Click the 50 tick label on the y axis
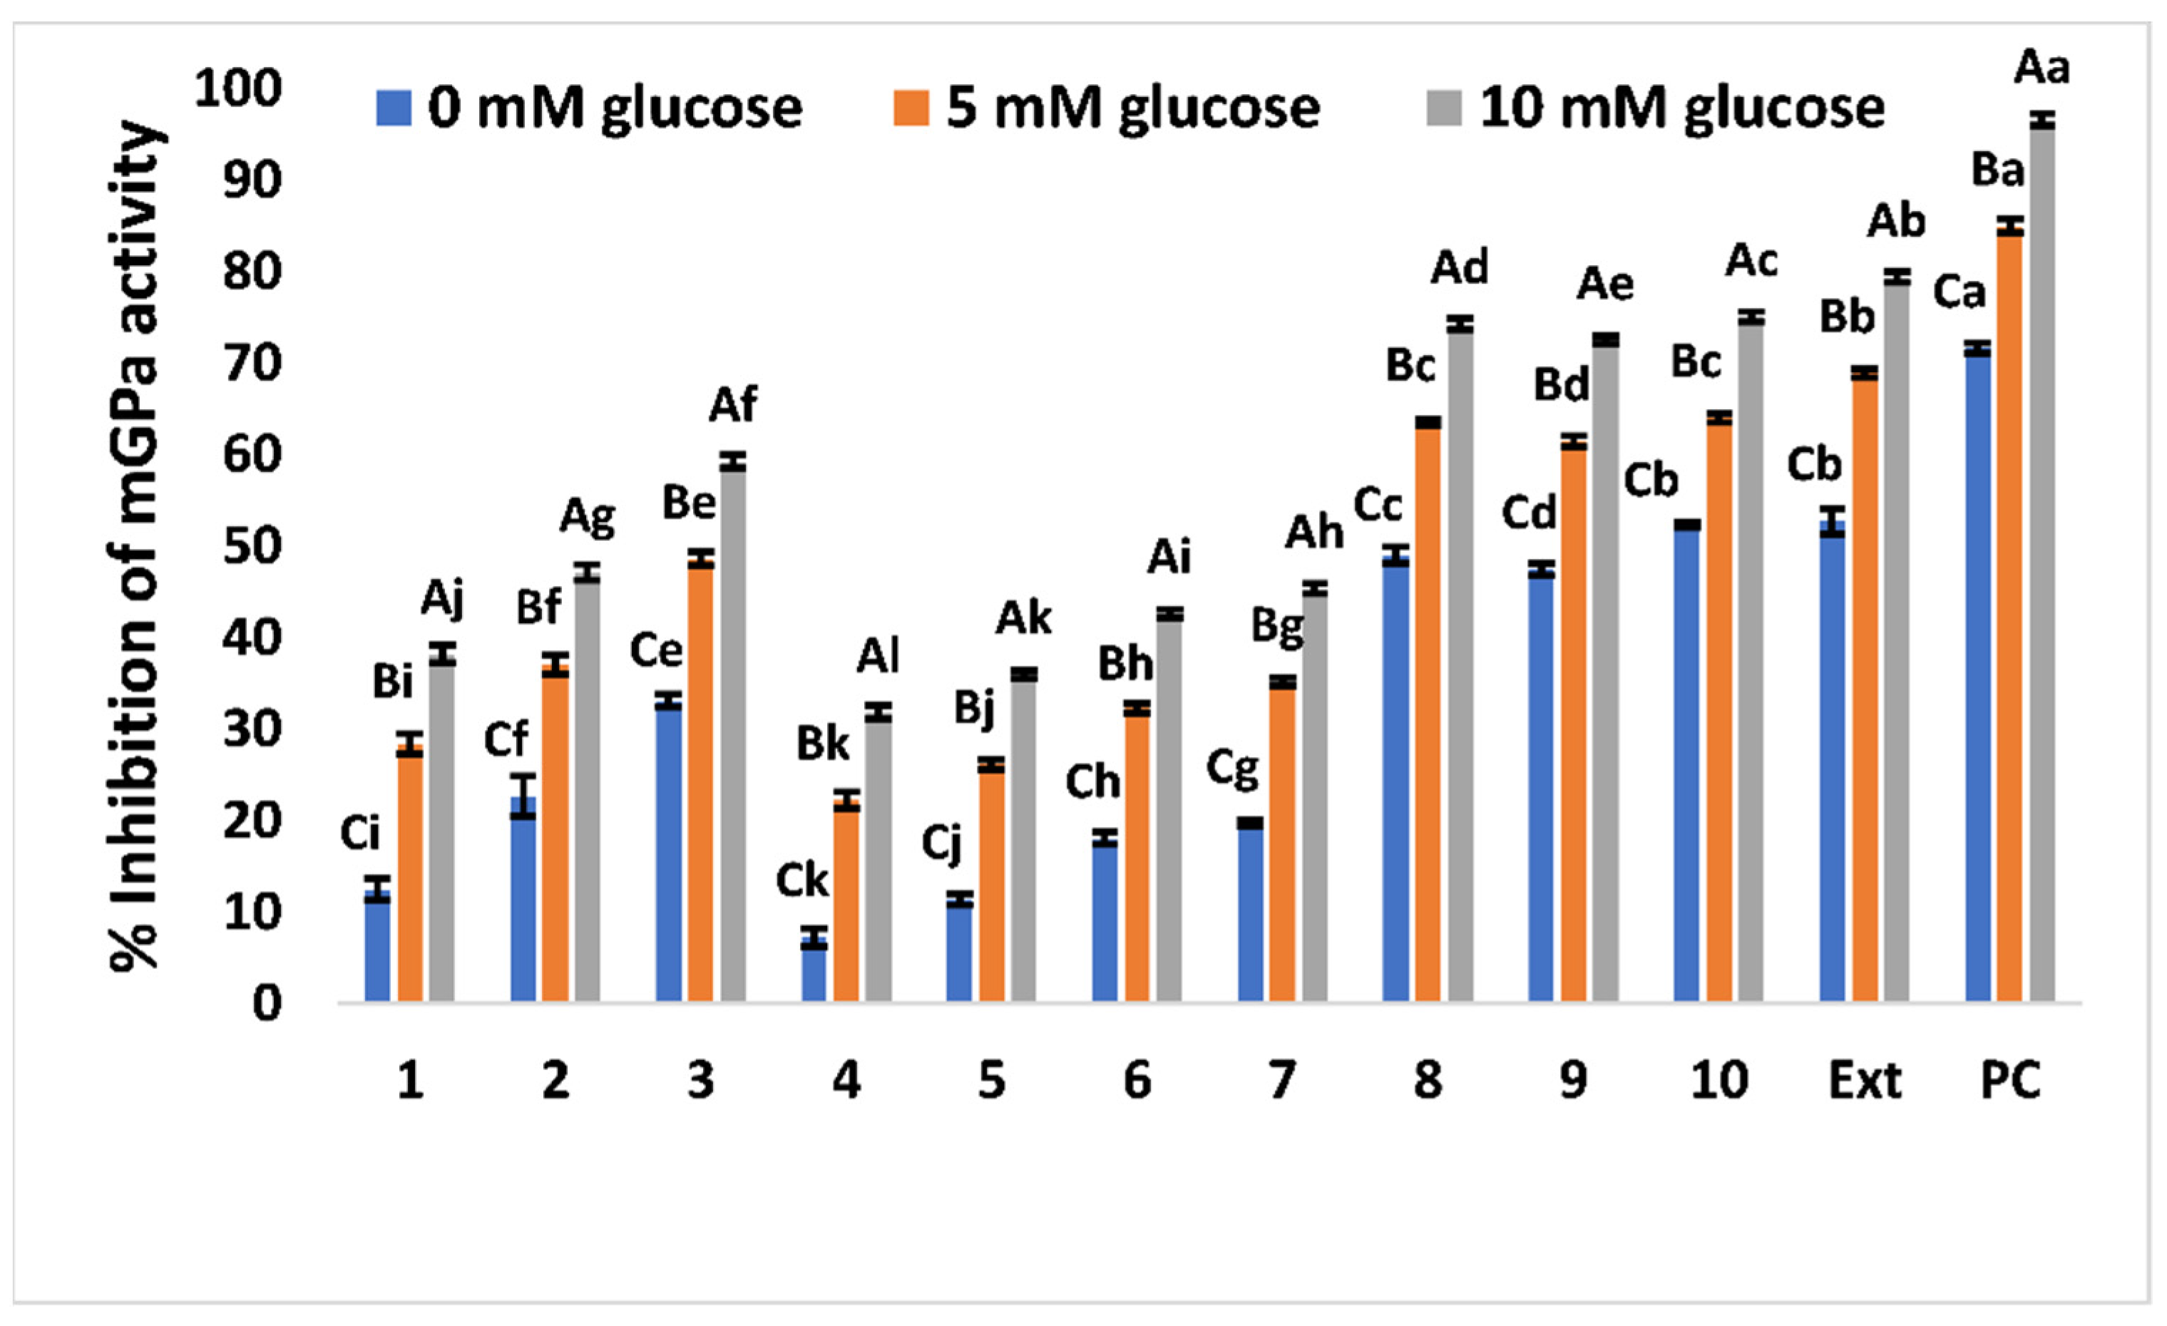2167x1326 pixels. click(x=252, y=546)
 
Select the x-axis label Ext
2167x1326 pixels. click(x=1865, y=1080)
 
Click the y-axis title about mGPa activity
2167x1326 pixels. click(x=136, y=545)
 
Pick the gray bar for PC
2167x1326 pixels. click(x=2042, y=562)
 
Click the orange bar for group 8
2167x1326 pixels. click(x=1428, y=712)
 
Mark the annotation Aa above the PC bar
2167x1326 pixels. click(x=2042, y=68)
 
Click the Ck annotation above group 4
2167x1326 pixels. click(x=801, y=881)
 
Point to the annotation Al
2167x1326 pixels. click(x=878, y=656)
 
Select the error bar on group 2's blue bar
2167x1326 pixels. click(x=523, y=796)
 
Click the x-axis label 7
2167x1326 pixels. click(x=1282, y=1080)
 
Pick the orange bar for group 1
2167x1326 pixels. click(x=410, y=875)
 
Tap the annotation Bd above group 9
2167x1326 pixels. click(x=1561, y=385)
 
